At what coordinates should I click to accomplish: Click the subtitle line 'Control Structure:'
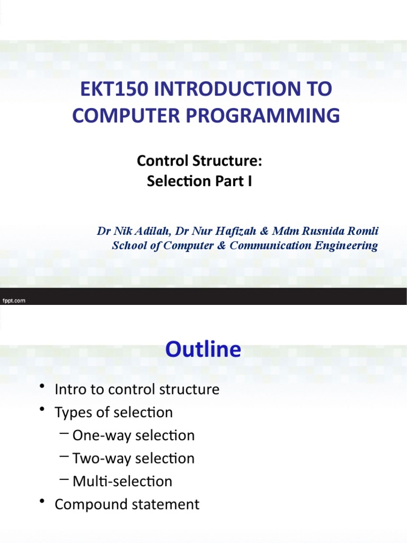coord(199,160)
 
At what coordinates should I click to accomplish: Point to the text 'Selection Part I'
coord(199,181)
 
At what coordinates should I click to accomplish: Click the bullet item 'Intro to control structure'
coord(137,390)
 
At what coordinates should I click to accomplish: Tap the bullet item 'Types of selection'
coord(113,413)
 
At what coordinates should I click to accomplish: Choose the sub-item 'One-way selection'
coord(134,435)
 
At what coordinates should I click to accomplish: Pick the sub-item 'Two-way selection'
coord(134,458)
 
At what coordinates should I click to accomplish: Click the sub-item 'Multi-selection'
coord(122,481)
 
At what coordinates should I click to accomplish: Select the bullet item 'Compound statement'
coord(127,504)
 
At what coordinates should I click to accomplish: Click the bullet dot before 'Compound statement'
coord(42,504)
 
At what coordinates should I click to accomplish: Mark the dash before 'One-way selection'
coord(65,435)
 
